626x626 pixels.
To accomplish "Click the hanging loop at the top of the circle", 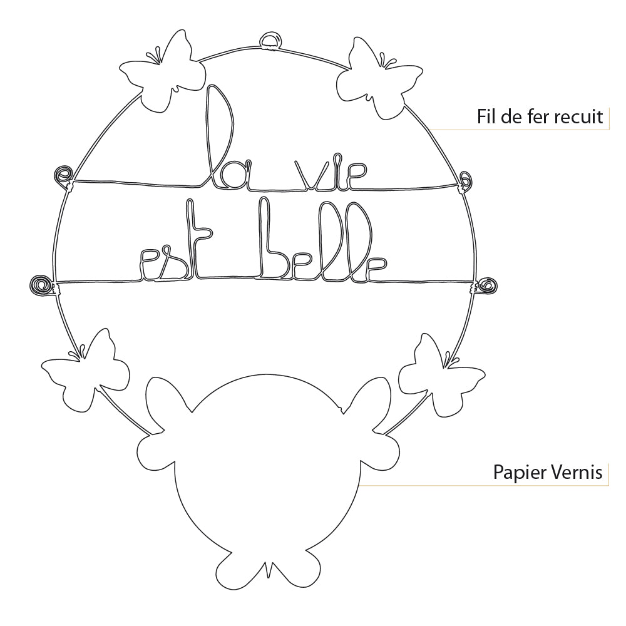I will coord(271,41).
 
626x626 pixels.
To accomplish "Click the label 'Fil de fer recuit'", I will coord(540,116).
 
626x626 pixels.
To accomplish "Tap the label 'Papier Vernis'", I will coord(548,471).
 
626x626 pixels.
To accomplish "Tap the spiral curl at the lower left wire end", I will coord(41,284).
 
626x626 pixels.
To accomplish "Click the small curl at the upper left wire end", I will coord(63,173).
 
